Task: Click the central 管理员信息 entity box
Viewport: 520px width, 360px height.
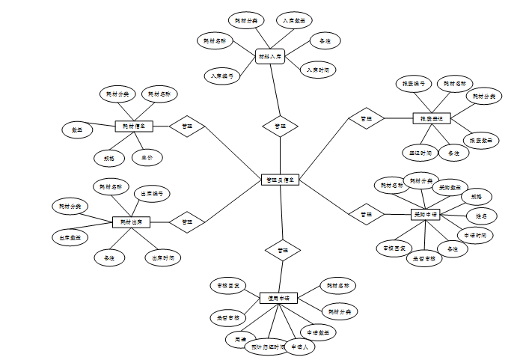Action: coord(281,180)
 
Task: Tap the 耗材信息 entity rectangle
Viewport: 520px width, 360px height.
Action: coord(134,126)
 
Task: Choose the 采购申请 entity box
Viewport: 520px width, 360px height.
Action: coord(425,215)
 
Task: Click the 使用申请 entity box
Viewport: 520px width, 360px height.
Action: coord(278,298)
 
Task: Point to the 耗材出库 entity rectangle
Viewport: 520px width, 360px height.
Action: coord(131,222)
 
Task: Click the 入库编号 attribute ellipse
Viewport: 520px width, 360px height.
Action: coord(222,76)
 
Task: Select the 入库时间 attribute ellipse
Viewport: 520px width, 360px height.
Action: coord(318,70)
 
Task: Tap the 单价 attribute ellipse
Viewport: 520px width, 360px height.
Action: coord(147,158)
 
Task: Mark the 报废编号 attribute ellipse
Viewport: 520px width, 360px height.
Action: coord(414,84)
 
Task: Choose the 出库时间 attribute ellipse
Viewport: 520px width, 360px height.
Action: coord(163,257)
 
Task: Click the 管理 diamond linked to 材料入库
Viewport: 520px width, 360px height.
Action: coord(280,126)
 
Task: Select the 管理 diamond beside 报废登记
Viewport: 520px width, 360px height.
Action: coord(366,118)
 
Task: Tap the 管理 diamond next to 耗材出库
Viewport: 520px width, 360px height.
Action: coord(187,222)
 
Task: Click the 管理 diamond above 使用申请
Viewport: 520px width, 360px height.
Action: coord(282,249)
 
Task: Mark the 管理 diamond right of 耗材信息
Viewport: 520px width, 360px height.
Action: coord(187,126)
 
